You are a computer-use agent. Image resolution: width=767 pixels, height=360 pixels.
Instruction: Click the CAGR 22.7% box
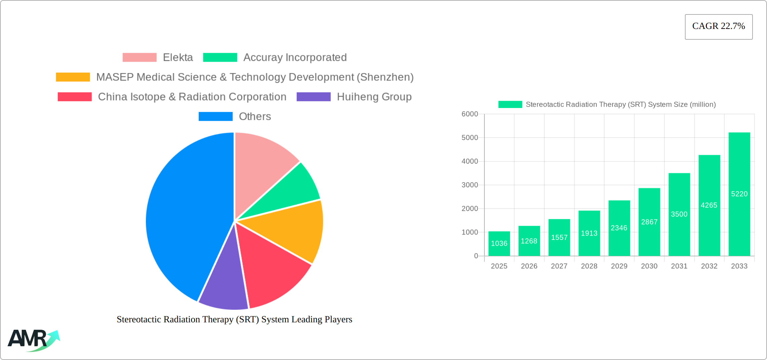pyautogui.click(x=719, y=27)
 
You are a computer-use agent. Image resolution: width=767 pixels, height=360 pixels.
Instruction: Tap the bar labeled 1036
pyautogui.click(x=499, y=244)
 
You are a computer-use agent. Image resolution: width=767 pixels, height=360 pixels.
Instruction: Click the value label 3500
pyautogui.click(x=679, y=214)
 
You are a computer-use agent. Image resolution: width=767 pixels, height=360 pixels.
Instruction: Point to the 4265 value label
pyautogui.click(x=709, y=205)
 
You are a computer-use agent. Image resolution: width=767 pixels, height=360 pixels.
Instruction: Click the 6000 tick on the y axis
pyautogui.click(x=470, y=114)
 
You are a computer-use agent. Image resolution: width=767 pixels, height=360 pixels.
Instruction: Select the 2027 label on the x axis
pyautogui.click(x=559, y=266)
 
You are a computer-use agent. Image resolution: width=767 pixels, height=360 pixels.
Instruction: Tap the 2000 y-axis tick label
pyautogui.click(x=470, y=209)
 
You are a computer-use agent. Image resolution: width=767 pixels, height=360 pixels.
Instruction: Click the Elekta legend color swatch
pyautogui.click(x=140, y=58)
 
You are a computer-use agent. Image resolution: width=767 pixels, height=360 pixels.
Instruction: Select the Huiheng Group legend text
pyautogui.click(x=374, y=97)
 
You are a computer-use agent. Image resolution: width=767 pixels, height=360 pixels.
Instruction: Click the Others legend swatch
pyautogui.click(x=215, y=116)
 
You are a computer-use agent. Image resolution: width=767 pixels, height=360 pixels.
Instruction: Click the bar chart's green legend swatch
pyautogui.click(x=510, y=105)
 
